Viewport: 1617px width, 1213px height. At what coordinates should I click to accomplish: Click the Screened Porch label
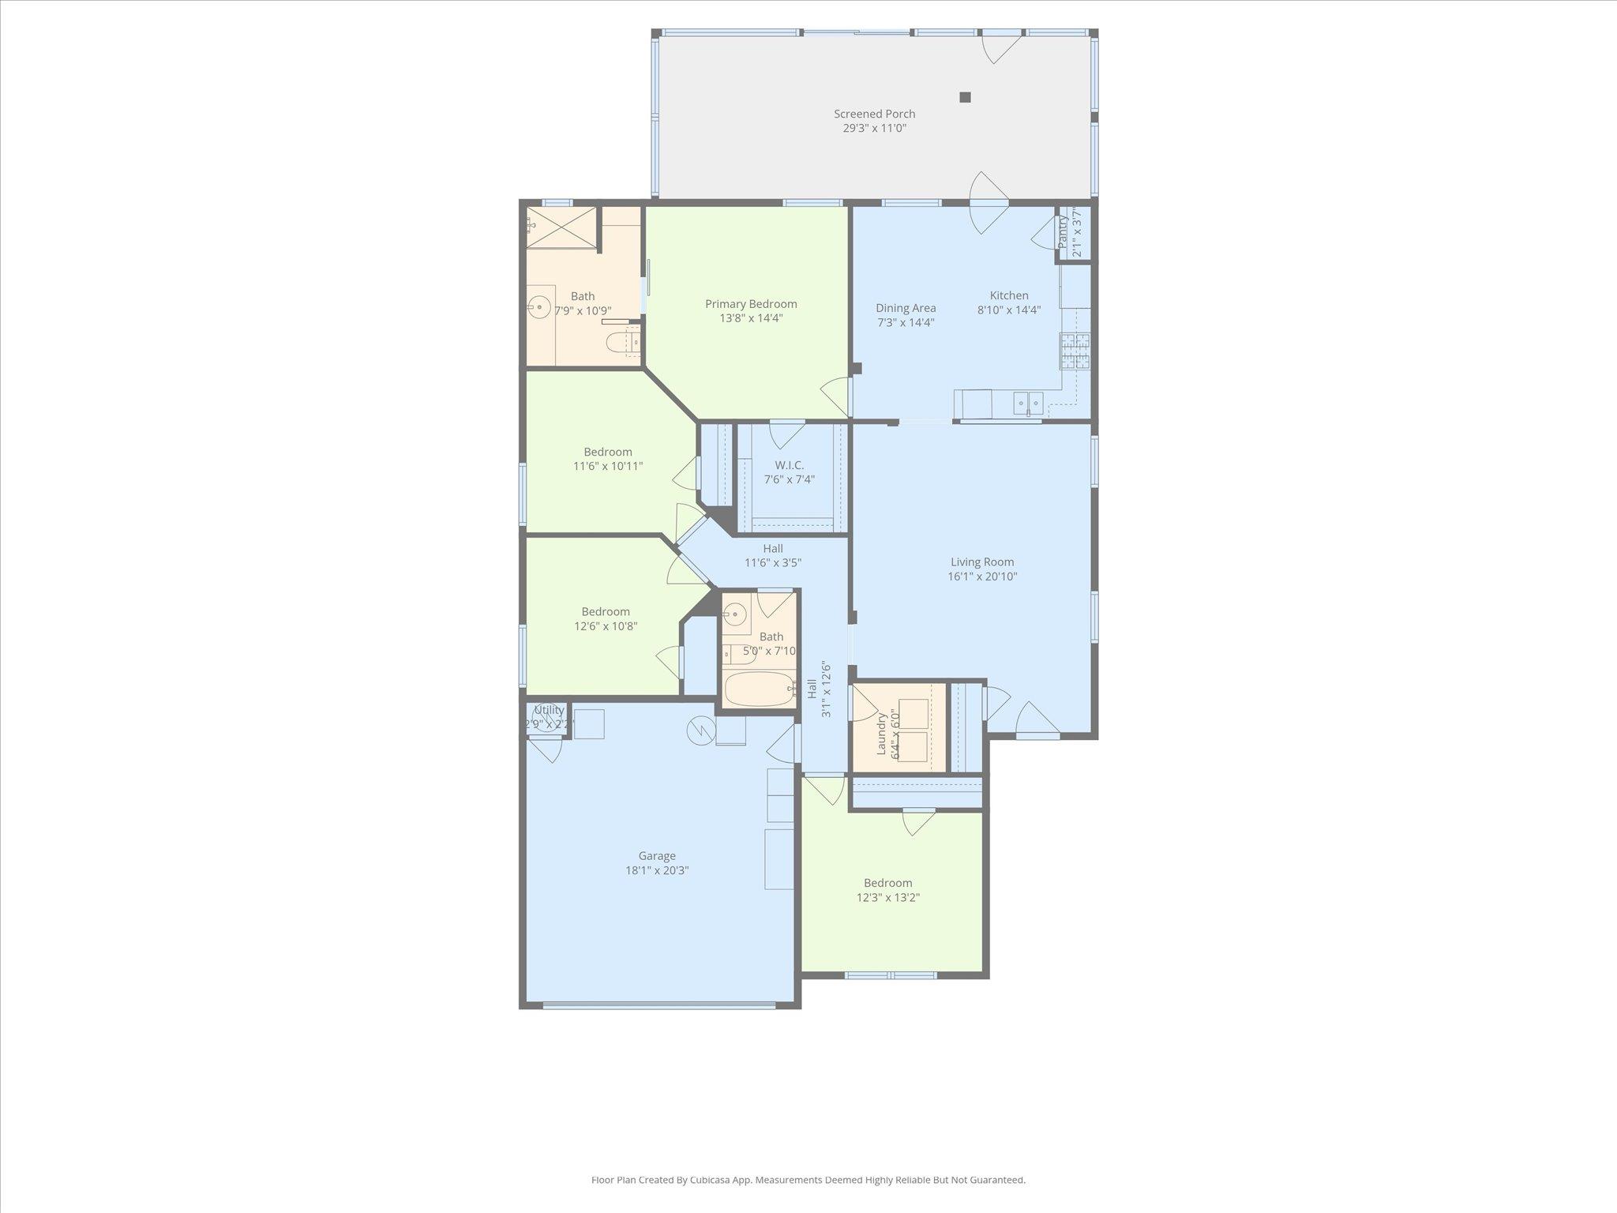(874, 114)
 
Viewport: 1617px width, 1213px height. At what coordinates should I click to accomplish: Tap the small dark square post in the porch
(965, 97)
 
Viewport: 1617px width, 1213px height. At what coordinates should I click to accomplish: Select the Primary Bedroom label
(751, 304)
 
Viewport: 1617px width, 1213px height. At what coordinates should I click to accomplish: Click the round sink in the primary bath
(540, 305)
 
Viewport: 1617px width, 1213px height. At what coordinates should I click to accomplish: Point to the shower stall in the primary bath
(561, 227)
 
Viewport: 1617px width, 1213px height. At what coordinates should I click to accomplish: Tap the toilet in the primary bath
(620, 343)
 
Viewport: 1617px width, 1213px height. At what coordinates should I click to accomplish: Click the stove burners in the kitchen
(1074, 351)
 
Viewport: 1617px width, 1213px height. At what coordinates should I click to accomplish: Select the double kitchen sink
(1028, 403)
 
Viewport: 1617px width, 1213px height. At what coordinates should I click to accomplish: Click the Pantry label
(1063, 232)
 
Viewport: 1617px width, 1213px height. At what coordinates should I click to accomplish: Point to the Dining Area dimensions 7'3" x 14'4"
(906, 322)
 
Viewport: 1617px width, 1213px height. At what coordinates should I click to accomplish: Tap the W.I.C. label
(789, 465)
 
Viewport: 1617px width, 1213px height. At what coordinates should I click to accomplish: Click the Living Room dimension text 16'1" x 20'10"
(982, 576)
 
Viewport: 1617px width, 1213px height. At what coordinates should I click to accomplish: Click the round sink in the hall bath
(735, 614)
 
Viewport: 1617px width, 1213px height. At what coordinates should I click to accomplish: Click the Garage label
(657, 856)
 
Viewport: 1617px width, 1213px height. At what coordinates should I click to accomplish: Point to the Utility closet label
(549, 710)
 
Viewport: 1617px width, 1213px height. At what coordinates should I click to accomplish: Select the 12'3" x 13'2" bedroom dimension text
(887, 897)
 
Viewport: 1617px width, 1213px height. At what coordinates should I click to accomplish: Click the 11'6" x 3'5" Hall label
(773, 549)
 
